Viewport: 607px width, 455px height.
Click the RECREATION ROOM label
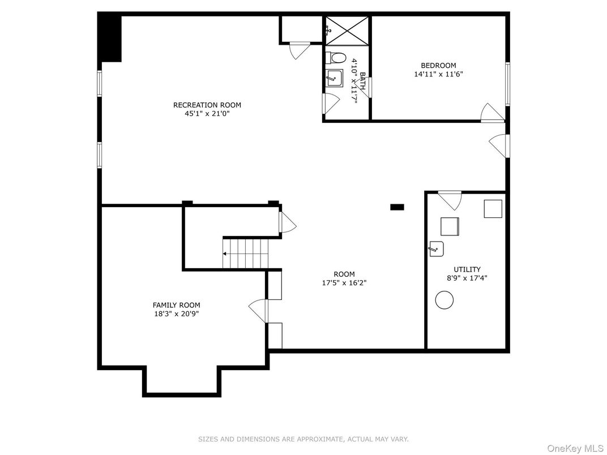click(x=207, y=105)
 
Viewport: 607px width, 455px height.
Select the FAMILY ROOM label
click(x=176, y=305)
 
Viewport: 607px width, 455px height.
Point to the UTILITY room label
click(x=467, y=269)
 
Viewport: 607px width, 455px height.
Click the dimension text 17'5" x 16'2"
click(x=344, y=283)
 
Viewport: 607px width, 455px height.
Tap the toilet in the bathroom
click(x=337, y=58)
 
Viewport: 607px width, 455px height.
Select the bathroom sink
click(x=335, y=78)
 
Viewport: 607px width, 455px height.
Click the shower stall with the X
click(x=347, y=30)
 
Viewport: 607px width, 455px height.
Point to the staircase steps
click(x=245, y=254)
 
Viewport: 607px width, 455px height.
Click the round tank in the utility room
click(x=444, y=300)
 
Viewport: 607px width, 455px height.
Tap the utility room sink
click(x=436, y=248)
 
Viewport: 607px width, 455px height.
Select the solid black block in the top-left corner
click(x=110, y=37)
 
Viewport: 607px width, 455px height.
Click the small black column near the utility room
click(x=397, y=207)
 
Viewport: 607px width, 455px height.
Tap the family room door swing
click(x=258, y=310)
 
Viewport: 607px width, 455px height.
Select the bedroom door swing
click(x=491, y=113)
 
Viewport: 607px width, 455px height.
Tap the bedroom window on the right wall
click(x=508, y=83)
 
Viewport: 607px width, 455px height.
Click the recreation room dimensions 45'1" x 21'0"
click(x=207, y=113)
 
